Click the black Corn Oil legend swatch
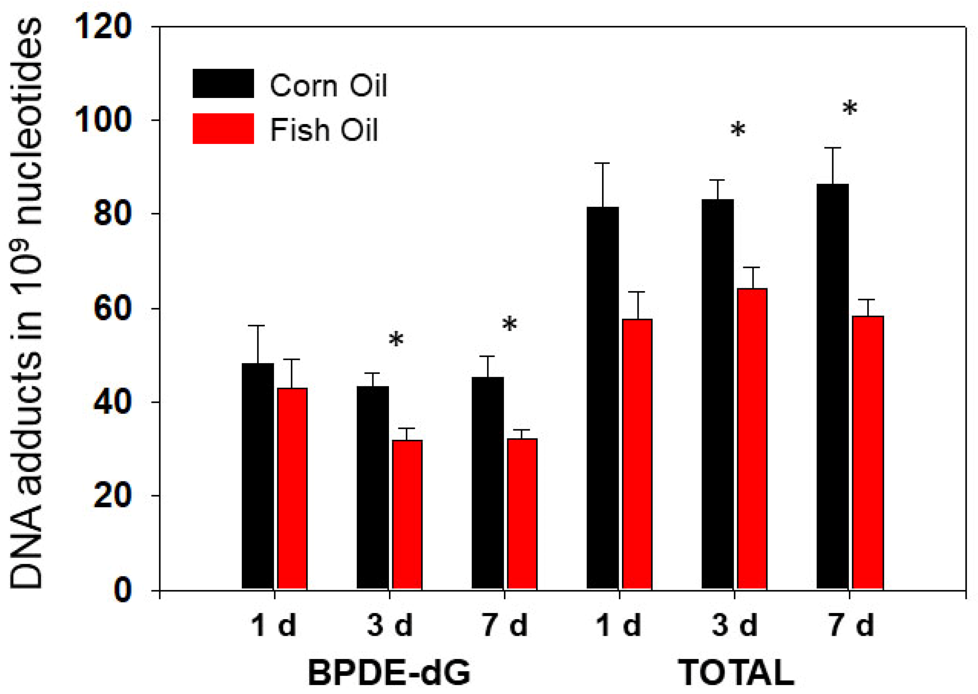[223, 84]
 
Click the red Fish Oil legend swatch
[223, 129]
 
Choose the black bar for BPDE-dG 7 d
[488, 483]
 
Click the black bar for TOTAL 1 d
[603, 397]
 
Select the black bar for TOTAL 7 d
[833, 386]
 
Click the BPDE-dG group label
[389, 673]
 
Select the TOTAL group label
[736, 673]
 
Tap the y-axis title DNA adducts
[26, 303]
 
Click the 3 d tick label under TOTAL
[734, 626]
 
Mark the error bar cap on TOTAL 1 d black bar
[603, 163]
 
